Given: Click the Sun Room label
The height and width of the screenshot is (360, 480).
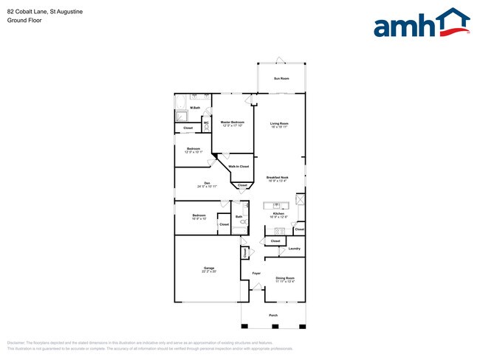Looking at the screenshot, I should coord(281,78).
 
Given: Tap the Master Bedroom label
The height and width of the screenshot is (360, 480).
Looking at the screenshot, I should coord(233,122).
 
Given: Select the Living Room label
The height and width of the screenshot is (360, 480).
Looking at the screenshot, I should coord(278,122).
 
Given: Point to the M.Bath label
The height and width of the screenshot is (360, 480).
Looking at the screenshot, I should coord(195,108).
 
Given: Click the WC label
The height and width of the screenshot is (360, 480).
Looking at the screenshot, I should coord(206,122).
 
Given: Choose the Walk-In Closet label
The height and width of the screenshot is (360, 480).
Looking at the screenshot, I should coord(239,167).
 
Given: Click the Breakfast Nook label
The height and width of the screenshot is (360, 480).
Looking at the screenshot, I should coord(278,177).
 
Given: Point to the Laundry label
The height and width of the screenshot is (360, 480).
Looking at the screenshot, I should coord(294,249).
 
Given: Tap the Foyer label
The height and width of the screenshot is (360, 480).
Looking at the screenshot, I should coord(256,274).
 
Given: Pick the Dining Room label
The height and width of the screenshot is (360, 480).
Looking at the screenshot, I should coord(285,277).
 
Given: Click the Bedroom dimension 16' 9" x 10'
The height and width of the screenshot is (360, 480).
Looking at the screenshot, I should coord(199,219).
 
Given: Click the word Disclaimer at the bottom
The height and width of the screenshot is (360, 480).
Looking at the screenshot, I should coord(16,343).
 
